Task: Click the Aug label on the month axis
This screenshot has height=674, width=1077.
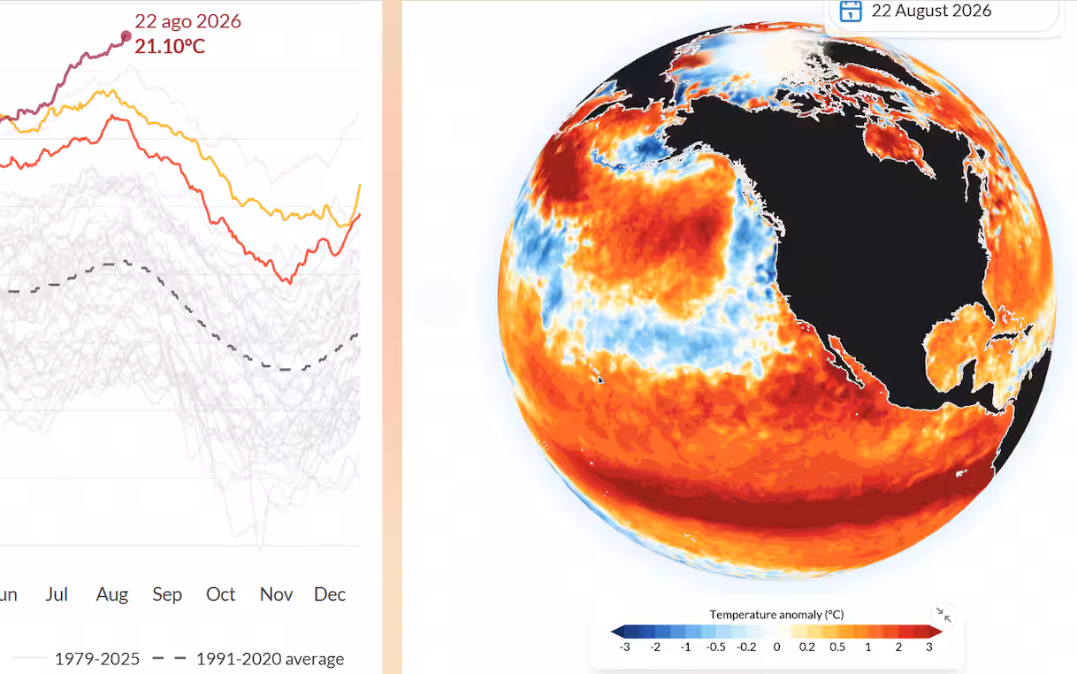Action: pyautogui.click(x=112, y=594)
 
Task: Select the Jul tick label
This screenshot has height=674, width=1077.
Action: pyautogui.click(x=57, y=594)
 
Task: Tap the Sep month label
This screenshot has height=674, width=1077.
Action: pyautogui.click(x=167, y=595)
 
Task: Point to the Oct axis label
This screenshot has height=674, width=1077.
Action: pyautogui.click(x=221, y=594)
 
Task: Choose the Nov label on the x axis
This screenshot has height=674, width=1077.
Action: pyautogui.click(x=276, y=594)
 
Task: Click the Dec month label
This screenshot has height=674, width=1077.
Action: pyautogui.click(x=330, y=594)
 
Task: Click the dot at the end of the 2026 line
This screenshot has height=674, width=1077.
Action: pyautogui.click(x=126, y=35)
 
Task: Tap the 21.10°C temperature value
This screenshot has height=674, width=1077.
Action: pyautogui.click(x=170, y=46)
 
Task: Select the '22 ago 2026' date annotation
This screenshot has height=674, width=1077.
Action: pyautogui.click(x=187, y=21)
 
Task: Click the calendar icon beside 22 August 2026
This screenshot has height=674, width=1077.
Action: pyautogui.click(x=850, y=11)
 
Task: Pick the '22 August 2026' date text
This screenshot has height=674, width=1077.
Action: pyautogui.click(x=931, y=11)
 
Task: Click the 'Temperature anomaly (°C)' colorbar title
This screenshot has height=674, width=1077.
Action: pyautogui.click(x=776, y=615)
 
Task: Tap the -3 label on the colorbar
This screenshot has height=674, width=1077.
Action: pyautogui.click(x=624, y=647)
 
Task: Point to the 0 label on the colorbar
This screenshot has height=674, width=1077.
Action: pyautogui.click(x=776, y=647)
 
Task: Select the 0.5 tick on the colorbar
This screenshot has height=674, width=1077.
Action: pyautogui.click(x=837, y=647)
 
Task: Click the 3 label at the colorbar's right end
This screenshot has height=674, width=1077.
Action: pyautogui.click(x=929, y=647)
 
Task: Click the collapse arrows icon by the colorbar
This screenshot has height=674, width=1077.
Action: pyautogui.click(x=943, y=615)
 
